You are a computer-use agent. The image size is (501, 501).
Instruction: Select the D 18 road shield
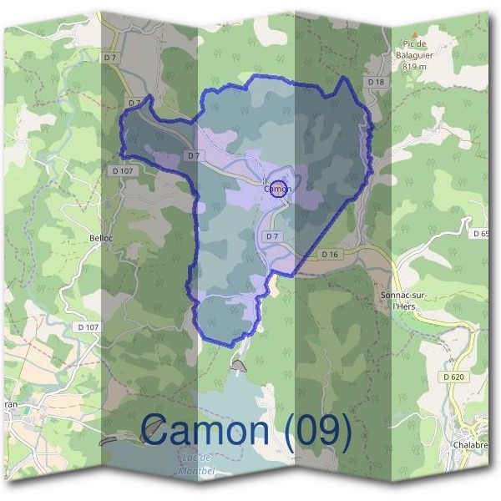pyautogui.click(x=376, y=81)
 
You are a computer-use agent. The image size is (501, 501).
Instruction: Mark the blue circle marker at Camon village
pyautogui.click(x=279, y=188)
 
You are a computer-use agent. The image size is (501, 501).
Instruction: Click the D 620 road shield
pyautogui.click(x=453, y=377)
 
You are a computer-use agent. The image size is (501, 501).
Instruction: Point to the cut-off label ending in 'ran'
pyautogui.click(x=9, y=404)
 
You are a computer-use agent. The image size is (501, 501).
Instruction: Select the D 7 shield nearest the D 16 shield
pyautogui.click(x=271, y=236)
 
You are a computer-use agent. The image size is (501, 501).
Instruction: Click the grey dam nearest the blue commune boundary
pyautogui.click(x=239, y=365)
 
